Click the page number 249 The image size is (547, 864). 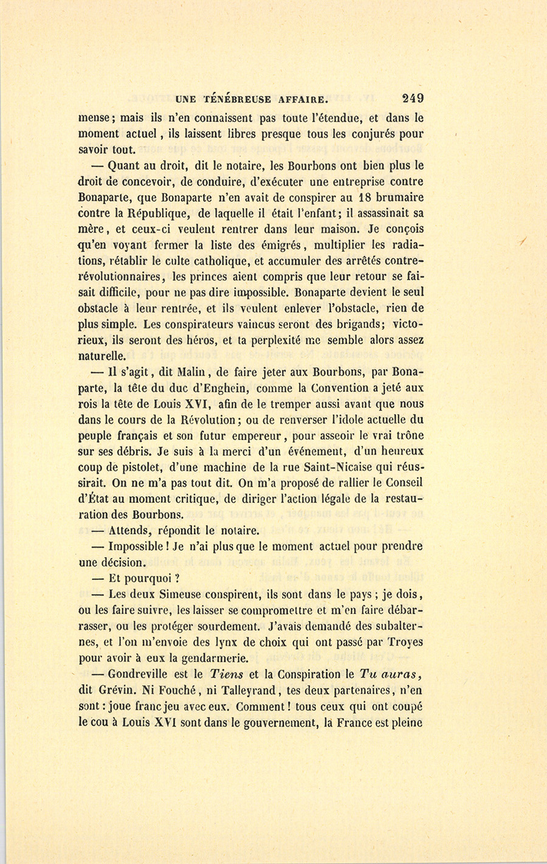(x=412, y=98)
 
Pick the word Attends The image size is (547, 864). (x=129, y=530)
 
